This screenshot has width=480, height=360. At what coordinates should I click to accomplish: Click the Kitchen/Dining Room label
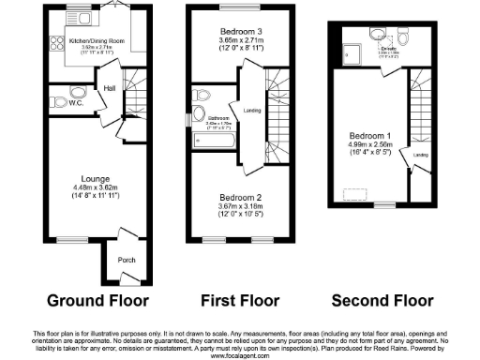coord(79,41)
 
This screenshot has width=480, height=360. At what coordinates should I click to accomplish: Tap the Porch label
coord(125,260)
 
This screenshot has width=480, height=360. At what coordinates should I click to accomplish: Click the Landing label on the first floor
coord(251,110)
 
